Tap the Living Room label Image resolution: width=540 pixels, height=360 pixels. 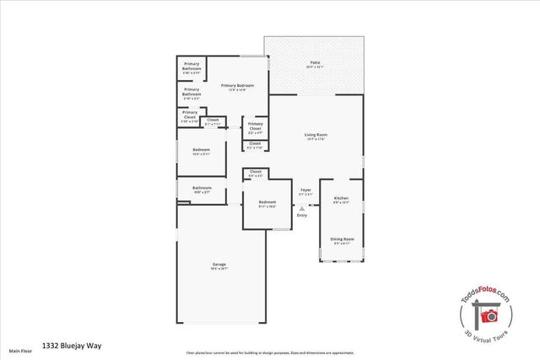[316, 137]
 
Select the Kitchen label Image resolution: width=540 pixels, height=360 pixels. [341, 199]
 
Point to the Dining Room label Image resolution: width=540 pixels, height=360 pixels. [341, 240]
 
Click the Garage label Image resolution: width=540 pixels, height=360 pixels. [219, 266]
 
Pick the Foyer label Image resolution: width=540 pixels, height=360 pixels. [305, 191]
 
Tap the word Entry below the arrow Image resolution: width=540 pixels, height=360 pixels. [302, 217]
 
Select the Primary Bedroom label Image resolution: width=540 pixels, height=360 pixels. [237, 87]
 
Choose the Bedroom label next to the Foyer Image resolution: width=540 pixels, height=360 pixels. [267, 203]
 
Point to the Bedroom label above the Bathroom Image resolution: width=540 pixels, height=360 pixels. [202, 152]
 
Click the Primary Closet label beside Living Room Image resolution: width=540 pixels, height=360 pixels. [256, 127]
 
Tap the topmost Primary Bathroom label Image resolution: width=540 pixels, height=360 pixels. [192, 69]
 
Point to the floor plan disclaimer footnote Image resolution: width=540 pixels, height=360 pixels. [270, 352]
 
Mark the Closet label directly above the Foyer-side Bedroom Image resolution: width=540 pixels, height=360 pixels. [255, 173]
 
